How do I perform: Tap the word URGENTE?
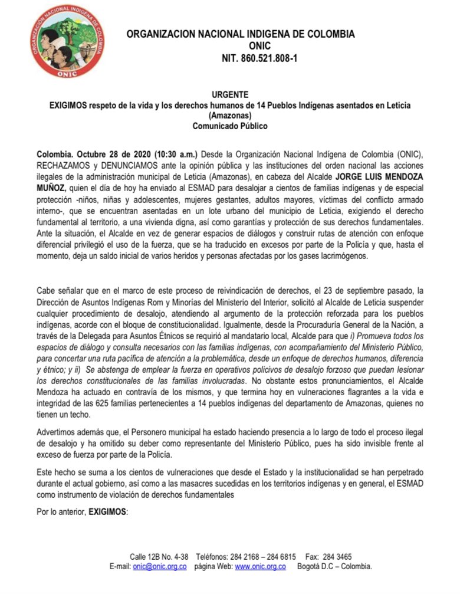point(229,94)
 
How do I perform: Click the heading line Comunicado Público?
point(229,126)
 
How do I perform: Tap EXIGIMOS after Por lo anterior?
point(107,512)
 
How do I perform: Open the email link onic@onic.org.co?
point(159,566)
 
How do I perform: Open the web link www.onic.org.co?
point(260,566)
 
